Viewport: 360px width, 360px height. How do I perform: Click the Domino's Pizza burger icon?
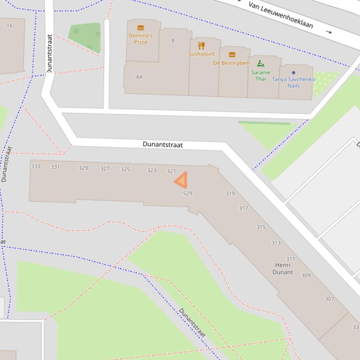point(140,28)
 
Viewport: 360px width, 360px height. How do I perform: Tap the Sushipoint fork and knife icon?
point(201,45)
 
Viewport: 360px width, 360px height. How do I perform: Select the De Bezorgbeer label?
point(232,63)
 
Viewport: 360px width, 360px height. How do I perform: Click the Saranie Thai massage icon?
point(261,64)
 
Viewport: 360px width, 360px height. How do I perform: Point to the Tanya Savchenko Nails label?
point(294,82)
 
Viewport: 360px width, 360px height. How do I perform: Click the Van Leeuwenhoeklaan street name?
point(280,14)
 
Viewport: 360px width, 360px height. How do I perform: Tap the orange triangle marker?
point(181,180)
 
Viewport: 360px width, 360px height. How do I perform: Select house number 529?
point(187,193)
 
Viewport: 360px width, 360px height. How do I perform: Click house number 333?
point(36,166)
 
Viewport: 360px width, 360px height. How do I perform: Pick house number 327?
point(105,169)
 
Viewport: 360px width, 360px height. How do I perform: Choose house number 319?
point(230,193)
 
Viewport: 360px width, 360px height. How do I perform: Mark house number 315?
point(261,227)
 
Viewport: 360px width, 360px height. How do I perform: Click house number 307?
point(329,299)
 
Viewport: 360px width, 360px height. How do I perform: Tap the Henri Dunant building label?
point(283,268)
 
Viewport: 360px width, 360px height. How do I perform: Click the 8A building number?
point(139,77)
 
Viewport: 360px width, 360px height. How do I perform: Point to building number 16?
point(9,25)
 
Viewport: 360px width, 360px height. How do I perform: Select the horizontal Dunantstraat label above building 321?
point(162,145)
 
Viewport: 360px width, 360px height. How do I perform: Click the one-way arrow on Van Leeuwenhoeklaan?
point(329,32)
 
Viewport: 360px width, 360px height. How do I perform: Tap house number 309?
point(306,275)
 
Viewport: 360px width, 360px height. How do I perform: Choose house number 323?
point(152,171)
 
